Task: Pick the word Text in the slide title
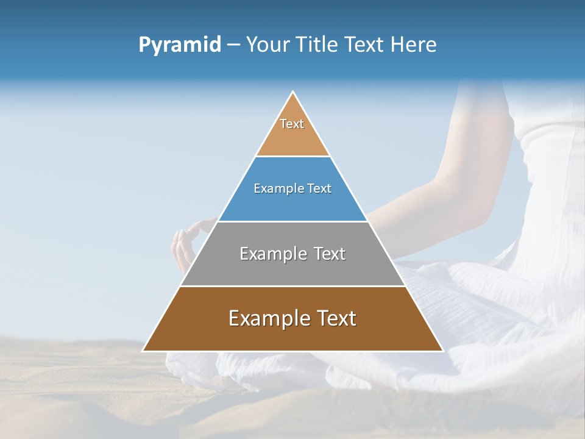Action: tap(367, 45)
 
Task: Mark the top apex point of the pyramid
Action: tap(293, 92)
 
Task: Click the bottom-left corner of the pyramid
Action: tap(143, 351)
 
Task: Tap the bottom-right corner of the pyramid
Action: tap(442, 351)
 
